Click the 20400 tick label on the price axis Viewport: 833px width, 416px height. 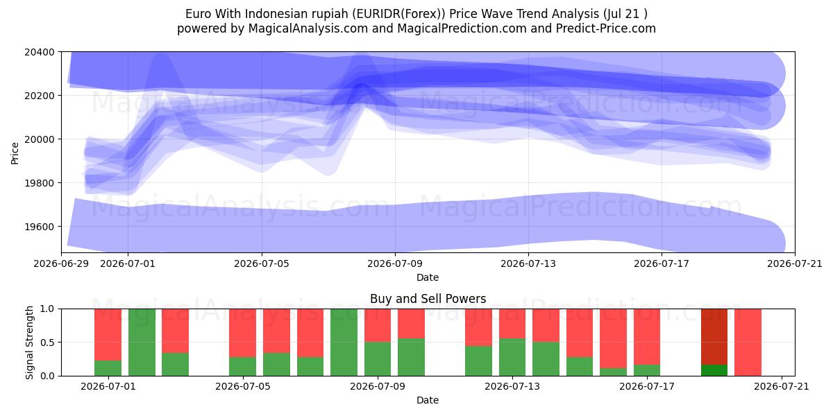(x=40, y=52)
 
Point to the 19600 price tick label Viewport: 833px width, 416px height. (x=40, y=227)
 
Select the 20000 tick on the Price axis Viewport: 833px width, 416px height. (x=40, y=139)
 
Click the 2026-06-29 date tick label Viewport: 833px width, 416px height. (x=61, y=263)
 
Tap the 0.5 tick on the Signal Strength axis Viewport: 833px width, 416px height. (x=47, y=342)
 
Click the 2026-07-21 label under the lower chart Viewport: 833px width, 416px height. (x=782, y=387)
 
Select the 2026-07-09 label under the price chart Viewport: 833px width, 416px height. (x=395, y=263)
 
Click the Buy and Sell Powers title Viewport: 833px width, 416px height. (x=428, y=299)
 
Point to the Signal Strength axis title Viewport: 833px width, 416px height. (x=29, y=343)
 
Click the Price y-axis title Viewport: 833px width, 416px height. (x=15, y=153)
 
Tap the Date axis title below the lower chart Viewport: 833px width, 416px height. (x=428, y=401)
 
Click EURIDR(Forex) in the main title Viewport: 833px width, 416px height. (x=397, y=14)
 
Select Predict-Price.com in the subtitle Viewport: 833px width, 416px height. (x=606, y=28)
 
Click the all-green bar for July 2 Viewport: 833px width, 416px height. (x=142, y=342)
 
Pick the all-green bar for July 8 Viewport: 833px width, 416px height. (x=344, y=342)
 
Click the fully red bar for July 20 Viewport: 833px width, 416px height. (x=748, y=342)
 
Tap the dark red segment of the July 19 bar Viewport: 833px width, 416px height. (x=714, y=336)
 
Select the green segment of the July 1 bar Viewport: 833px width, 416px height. (x=108, y=368)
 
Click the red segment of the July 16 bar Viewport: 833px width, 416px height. (x=613, y=338)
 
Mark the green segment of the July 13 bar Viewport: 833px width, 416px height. (x=512, y=357)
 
